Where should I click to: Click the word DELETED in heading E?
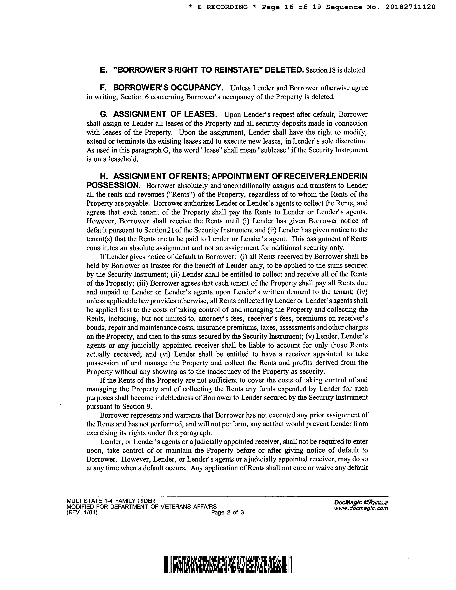pyautogui.click(x=284, y=70)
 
